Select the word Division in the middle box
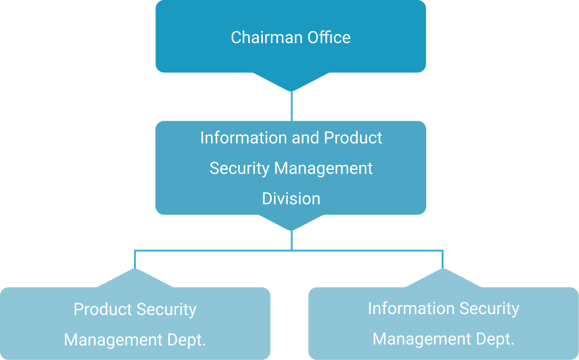291,199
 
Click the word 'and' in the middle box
306,138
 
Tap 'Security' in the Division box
239,168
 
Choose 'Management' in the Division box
324,168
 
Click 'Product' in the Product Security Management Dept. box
103,309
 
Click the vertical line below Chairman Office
291,106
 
